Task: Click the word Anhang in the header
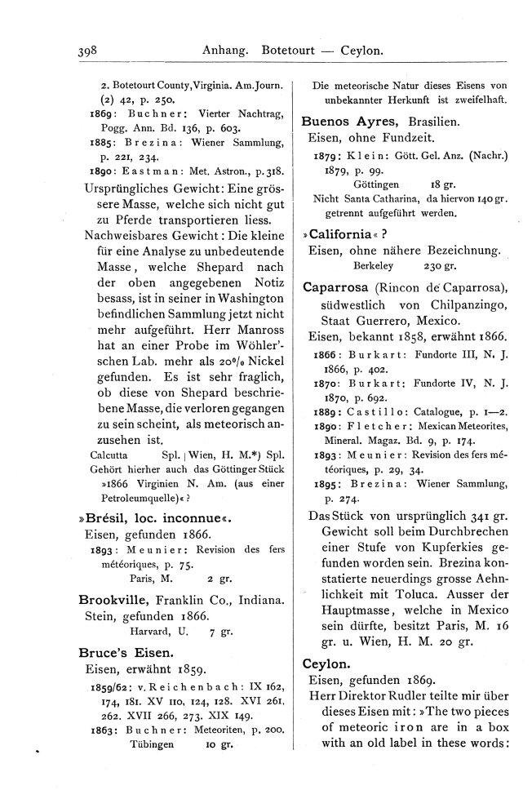point(226,51)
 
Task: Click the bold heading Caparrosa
point(335,287)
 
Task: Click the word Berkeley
point(374,265)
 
